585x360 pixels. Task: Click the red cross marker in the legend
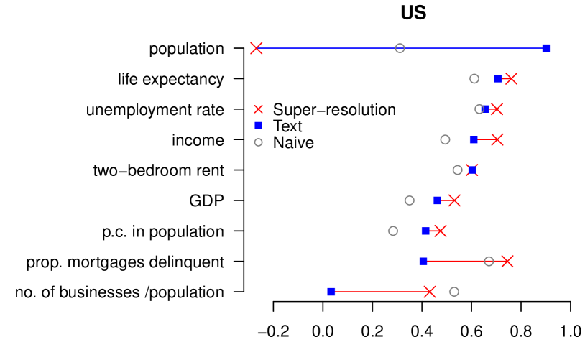click(x=258, y=109)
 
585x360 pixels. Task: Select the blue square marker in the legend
click(x=258, y=125)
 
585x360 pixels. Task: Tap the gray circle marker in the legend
click(x=258, y=142)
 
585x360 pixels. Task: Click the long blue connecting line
click(x=331, y=48)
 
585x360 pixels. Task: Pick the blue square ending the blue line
click(x=546, y=48)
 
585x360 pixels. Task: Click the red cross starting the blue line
click(x=257, y=48)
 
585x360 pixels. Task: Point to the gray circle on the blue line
click(x=400, y=48)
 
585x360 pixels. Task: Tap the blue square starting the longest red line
click(x=331, y=292)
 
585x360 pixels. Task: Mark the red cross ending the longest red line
click(x=430, y=292)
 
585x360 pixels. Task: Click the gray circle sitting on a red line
click(x=489, y=261)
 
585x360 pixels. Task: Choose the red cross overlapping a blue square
click(x=472, y=170)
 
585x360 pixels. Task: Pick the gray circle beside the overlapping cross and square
click(x=457, y=170)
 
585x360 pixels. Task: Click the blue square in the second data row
click(x=497, y=78)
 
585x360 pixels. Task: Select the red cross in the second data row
click(x=511, y=78)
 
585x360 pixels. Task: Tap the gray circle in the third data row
click(x=479, y=109)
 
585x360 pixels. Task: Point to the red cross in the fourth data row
click(x=497, y=139)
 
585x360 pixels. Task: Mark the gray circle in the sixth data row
click(x=409, y=200)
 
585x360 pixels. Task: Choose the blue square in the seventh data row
click(x=425, y=231)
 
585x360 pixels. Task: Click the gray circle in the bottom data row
click(x=454, y=292)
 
